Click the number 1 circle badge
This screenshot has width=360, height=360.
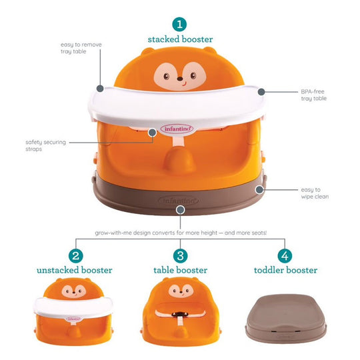coord(179,25)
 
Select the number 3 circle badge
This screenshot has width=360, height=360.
coord(179,255)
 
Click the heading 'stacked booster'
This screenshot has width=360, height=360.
coord(179,40)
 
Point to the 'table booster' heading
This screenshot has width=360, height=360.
coord(180,271)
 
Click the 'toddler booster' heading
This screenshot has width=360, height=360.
coord(285,271)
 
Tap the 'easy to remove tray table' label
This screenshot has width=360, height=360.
coord(81,48)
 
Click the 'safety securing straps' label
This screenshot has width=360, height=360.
coord(43,145)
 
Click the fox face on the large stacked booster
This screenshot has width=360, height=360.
coord(180,74)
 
